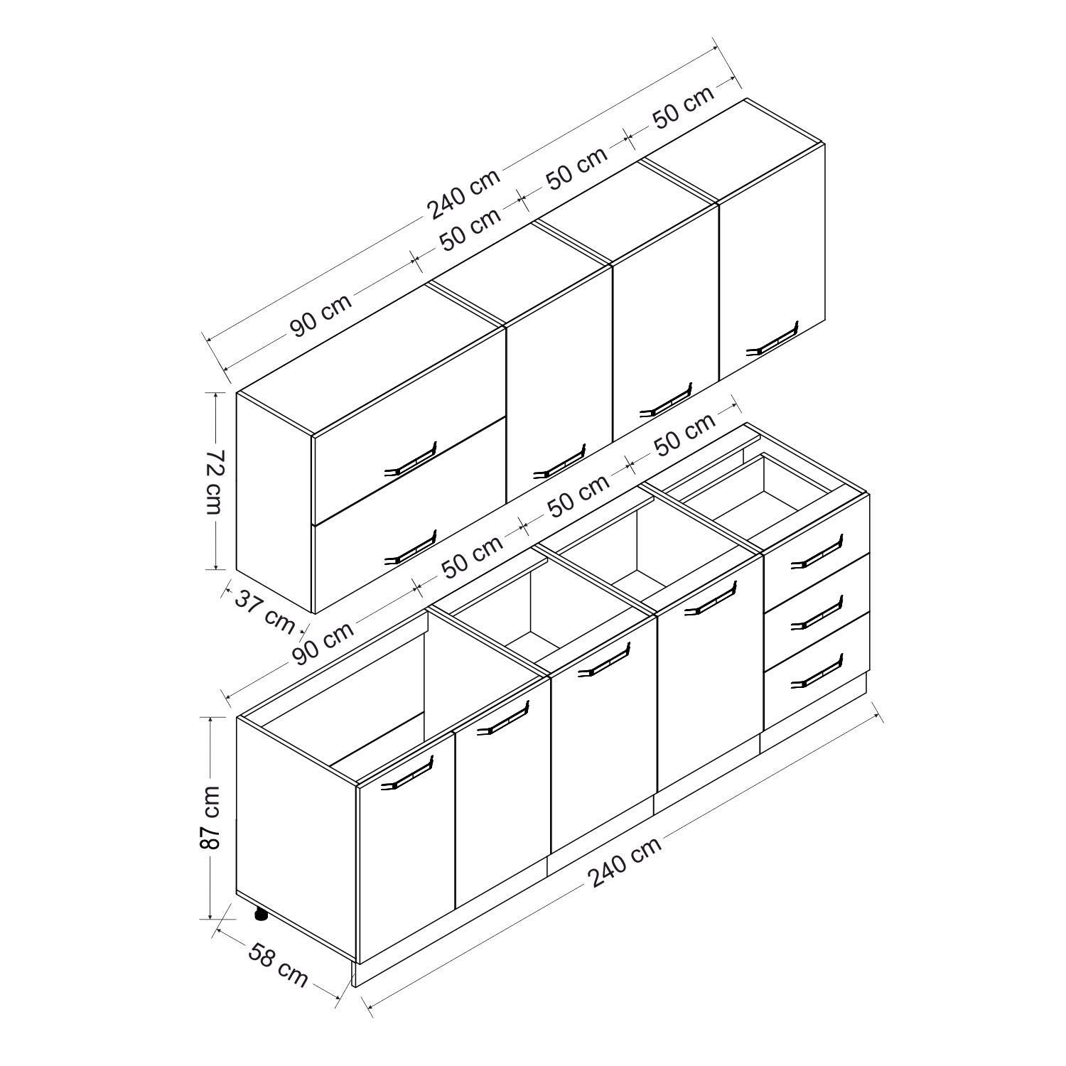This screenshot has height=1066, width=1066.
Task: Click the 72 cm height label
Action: coord(215,482)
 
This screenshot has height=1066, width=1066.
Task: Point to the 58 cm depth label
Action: coord(278,964)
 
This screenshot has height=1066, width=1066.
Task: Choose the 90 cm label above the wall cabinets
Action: coord(321,316)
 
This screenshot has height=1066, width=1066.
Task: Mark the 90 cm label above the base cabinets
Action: coord(323,643)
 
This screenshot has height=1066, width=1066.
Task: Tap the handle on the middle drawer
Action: coord(817,610)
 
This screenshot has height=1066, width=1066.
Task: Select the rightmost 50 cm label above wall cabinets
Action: coord(682,108)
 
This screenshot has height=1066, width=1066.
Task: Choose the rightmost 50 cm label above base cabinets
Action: coord(684,435)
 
